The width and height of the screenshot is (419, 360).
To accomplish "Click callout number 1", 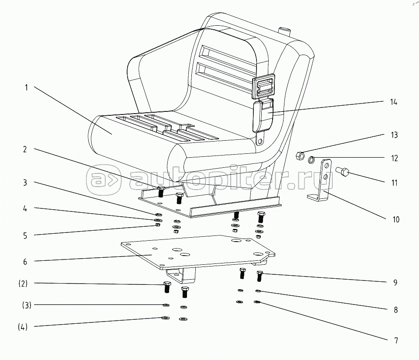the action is point(26,88).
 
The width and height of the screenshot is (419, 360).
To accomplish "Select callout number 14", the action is point(394,102).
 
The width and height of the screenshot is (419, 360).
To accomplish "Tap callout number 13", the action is point(394,135).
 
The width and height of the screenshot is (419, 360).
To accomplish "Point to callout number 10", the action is point(396,219).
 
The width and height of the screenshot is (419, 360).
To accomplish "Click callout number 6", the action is point(25,262).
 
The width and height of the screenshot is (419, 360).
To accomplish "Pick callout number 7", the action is point(396,340).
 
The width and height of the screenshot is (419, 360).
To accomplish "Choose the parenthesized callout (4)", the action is point(23,327).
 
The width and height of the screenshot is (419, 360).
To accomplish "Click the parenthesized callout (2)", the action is point(23,283).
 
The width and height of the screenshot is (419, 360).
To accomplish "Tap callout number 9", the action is point(395,283).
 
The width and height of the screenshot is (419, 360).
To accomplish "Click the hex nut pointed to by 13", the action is point(300,156).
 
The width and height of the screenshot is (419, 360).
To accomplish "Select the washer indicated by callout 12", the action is point(312,159).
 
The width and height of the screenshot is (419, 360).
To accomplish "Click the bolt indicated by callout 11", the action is point(342,171).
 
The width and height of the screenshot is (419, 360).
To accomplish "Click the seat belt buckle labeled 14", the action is point(263,115).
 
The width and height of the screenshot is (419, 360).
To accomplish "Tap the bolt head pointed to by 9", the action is point(260,273).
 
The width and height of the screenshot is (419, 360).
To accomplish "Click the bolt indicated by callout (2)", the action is point(167,287).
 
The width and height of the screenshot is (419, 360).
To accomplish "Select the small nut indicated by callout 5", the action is point(158,225).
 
